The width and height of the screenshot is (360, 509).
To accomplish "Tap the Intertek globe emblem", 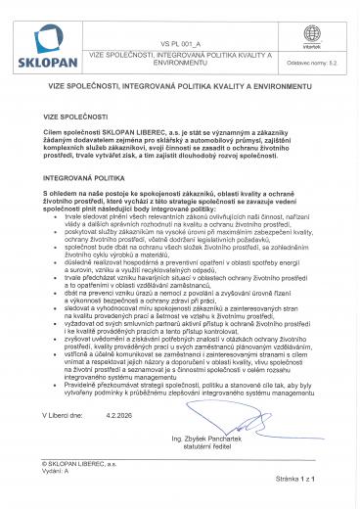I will click(x=312, y=34).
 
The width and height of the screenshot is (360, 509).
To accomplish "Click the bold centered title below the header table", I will click(x=179, y=88).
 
